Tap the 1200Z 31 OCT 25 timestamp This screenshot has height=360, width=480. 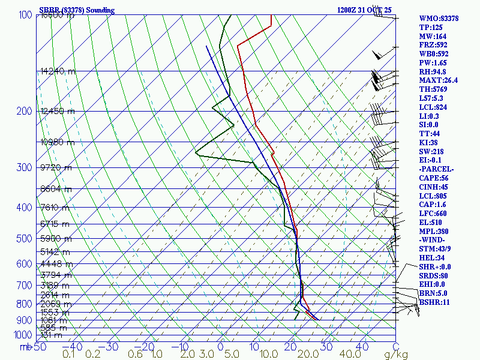click(x=364, y=10)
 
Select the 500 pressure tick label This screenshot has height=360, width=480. click(x=24, y=239)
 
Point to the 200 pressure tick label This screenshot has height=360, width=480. click(x=24, y=111)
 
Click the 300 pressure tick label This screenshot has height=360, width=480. click(x=24, y=167)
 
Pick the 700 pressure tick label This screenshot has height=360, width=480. click(x=24, y=285)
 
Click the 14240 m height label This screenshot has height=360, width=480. click(x=58, y=71)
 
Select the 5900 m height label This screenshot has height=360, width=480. click(x=55, y=239)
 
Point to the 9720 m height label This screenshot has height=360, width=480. click(x=56, y=167)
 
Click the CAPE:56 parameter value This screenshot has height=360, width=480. click(x=434, y=178)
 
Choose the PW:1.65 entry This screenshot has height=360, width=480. click(x=433, y=62)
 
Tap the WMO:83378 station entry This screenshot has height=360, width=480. click(x=439, y=19)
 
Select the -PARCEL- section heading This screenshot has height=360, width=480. click(x=436, y=169)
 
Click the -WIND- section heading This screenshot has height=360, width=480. click(x=433, y=240)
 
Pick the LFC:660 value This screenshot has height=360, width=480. click(x=433, y=214)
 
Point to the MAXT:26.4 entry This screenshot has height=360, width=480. click(x=438, y=80)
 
